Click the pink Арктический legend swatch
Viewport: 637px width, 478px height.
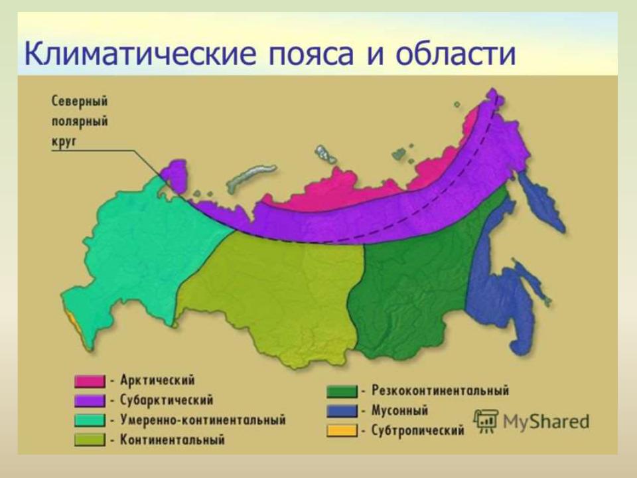click(90, 381)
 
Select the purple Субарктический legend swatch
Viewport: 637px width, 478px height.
click(90, 401)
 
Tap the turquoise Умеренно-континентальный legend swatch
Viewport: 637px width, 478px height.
click(90, 420)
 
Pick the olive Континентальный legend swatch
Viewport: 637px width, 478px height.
click(90, 439)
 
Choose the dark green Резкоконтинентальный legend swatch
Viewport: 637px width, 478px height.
click(342, 392)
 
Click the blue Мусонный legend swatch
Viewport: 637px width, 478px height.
click(342, 411)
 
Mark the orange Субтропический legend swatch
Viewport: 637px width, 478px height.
click(342, 430)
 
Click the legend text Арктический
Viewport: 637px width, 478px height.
click(158, 380)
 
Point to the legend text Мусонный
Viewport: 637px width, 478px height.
click(399, 410)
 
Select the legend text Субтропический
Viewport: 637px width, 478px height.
click(417, 430)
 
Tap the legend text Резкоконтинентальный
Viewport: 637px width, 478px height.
click(441, 390)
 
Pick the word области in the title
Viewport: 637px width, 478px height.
click(455, 53)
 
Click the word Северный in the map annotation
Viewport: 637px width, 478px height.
click(80, 101)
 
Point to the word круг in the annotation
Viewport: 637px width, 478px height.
click(64, 142)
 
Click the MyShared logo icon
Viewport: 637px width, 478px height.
click(486, 422)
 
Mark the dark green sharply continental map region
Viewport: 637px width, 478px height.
click(414, 285)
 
